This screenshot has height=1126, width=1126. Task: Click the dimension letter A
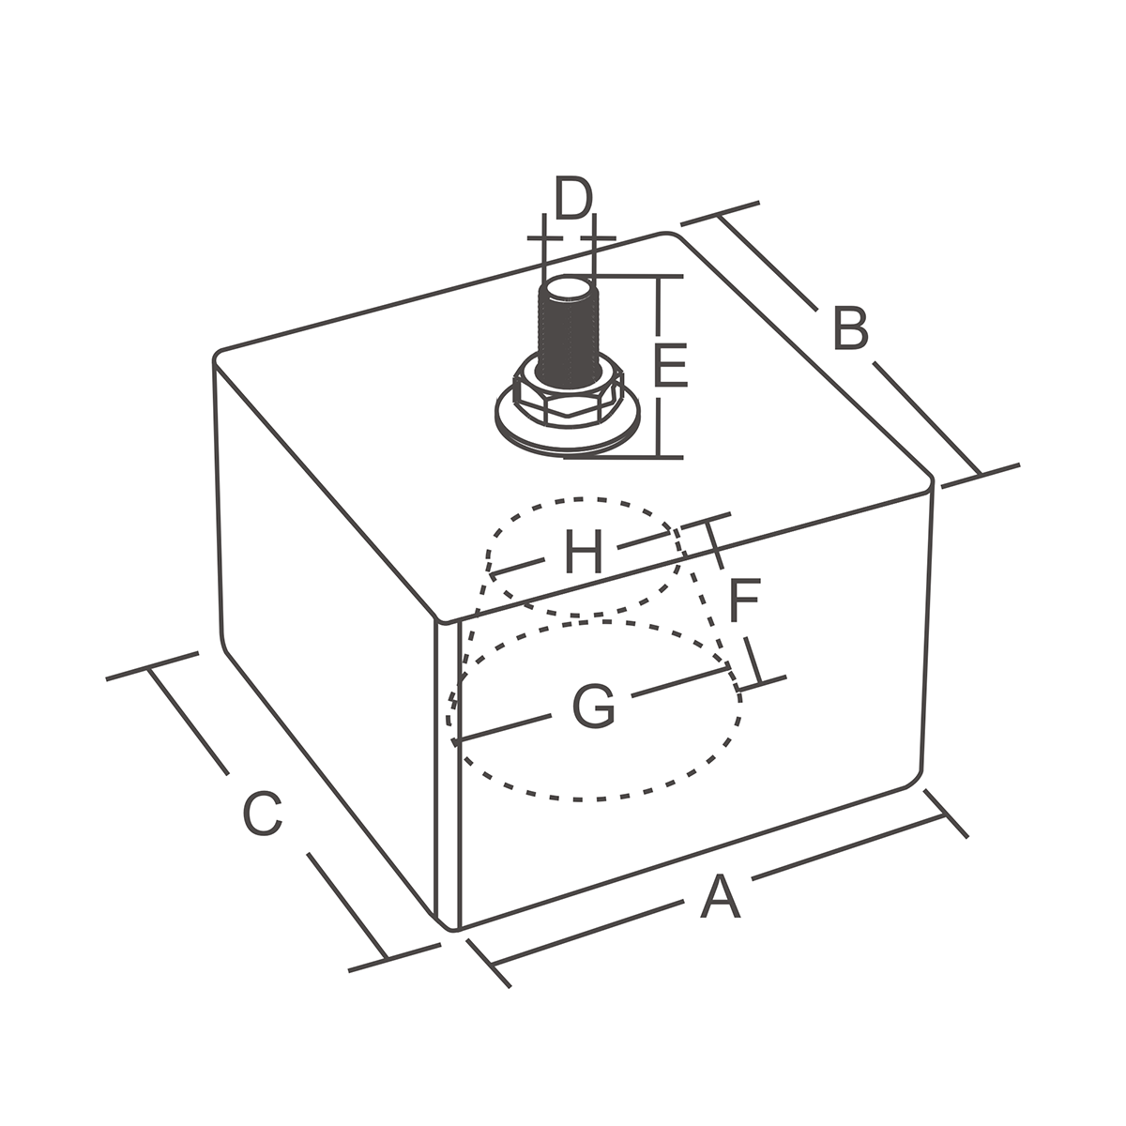pyautogui.click(x=720, y=897)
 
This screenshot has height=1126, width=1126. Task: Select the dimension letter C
pyautogui.click(x=262, y=814)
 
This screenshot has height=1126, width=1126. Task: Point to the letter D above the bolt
pyautogui.click(x=571, y=199)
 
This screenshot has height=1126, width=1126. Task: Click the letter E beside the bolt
pyautogui.click(x=671, y=367)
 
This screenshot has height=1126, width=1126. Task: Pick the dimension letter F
pyautogui.click(x=743, y=601)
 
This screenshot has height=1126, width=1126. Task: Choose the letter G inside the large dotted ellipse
pyautogui.click(x=593, y=708)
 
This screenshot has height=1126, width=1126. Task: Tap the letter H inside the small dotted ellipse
pyautogui.click(x=583, y=553)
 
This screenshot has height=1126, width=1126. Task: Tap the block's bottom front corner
pyautogui.click(x=451, y=927)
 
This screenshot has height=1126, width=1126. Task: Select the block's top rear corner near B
pyautogui.click(x=672, y=235)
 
